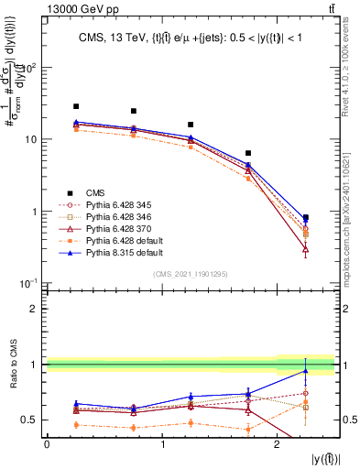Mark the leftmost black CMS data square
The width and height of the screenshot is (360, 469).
76,106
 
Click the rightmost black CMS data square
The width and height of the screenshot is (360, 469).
306,218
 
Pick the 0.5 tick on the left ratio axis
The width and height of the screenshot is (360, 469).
30,420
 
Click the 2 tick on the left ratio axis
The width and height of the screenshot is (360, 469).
35,309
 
